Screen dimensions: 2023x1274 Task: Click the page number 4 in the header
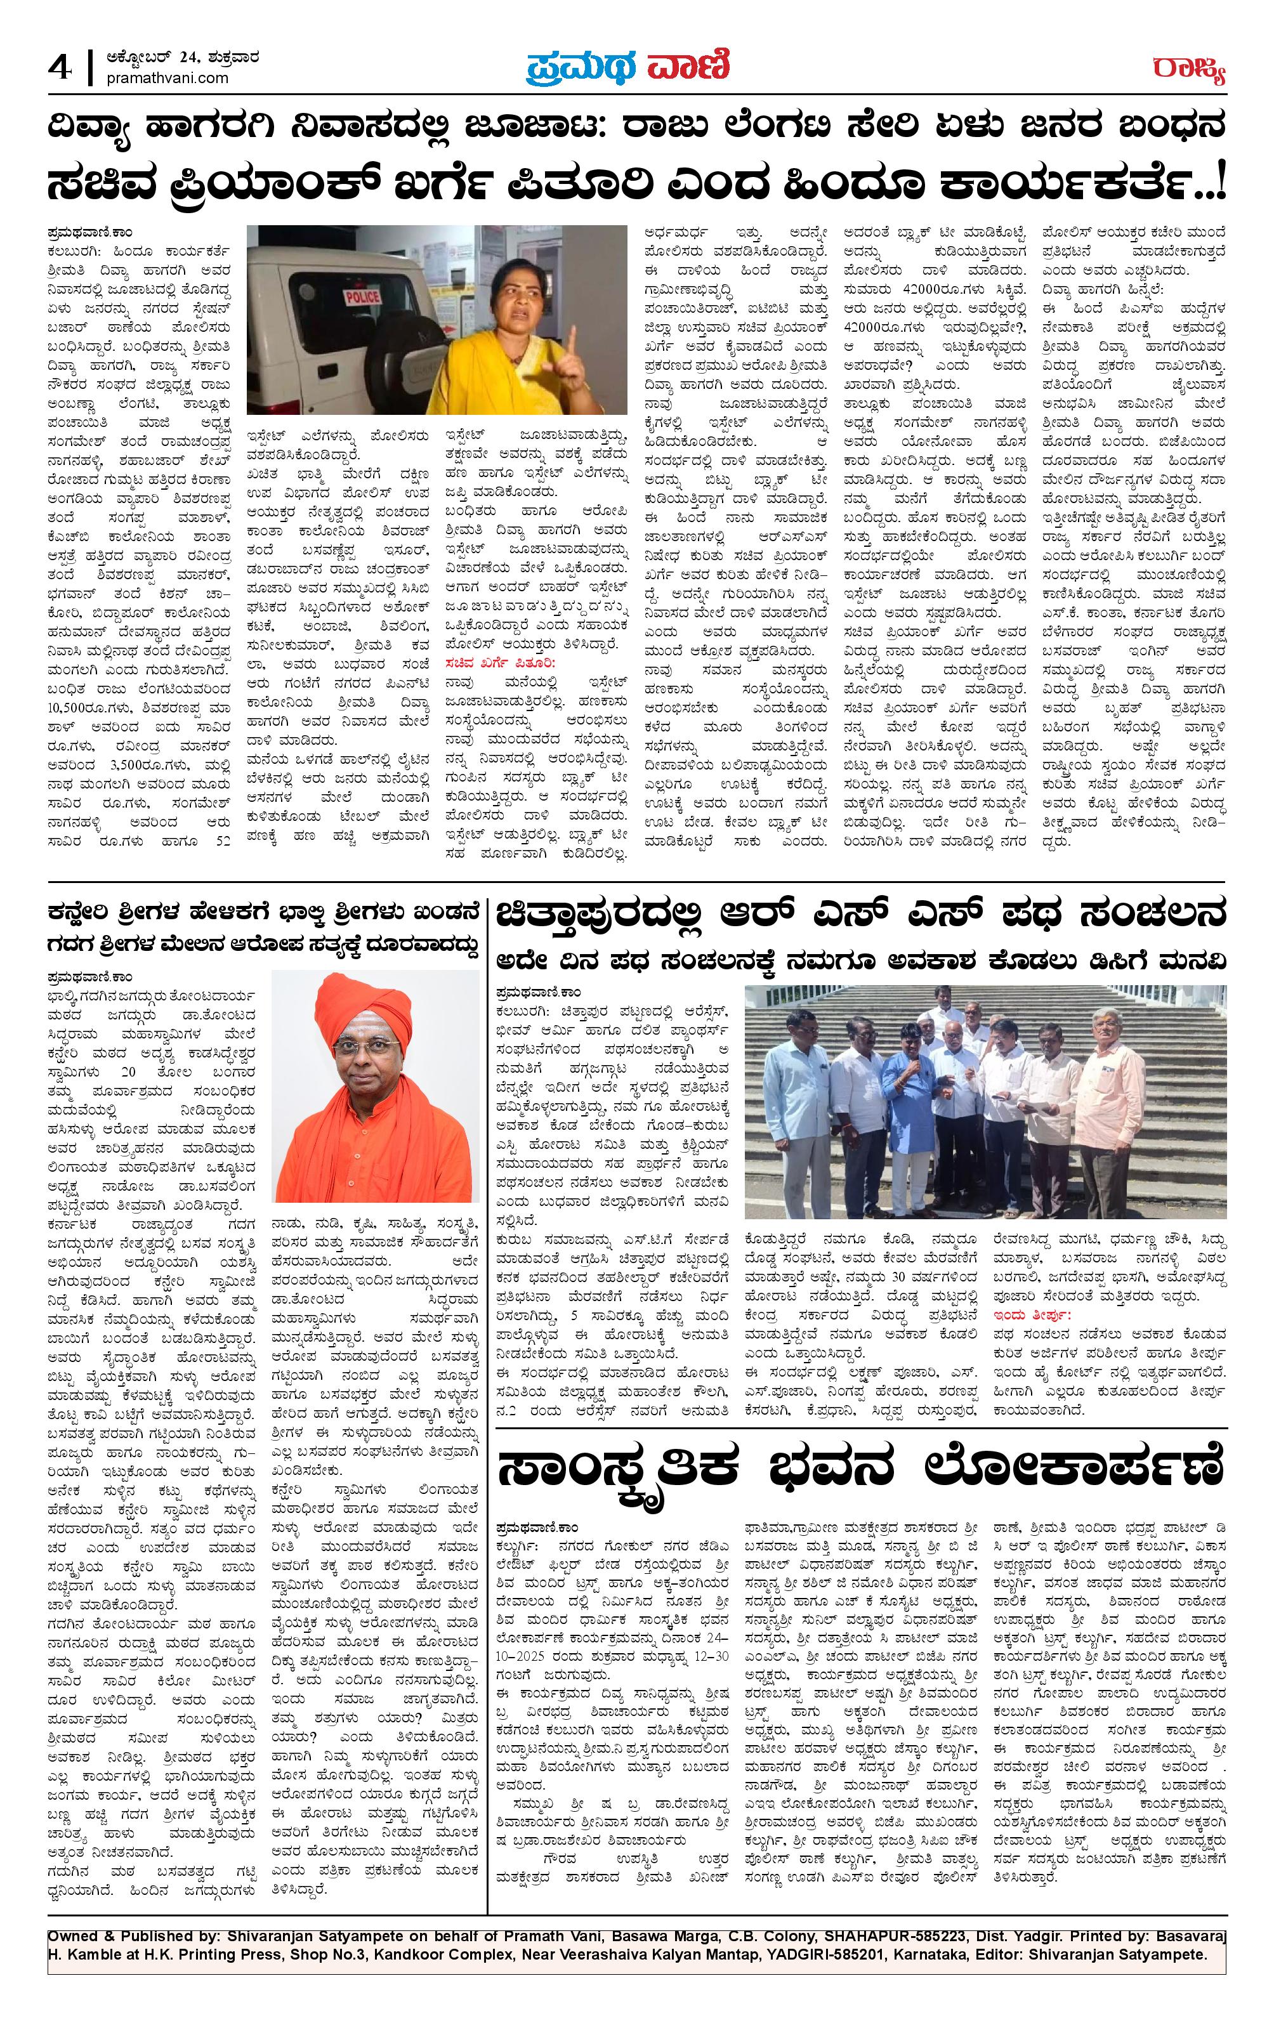point(60,67)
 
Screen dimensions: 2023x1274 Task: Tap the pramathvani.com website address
point(169,77)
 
